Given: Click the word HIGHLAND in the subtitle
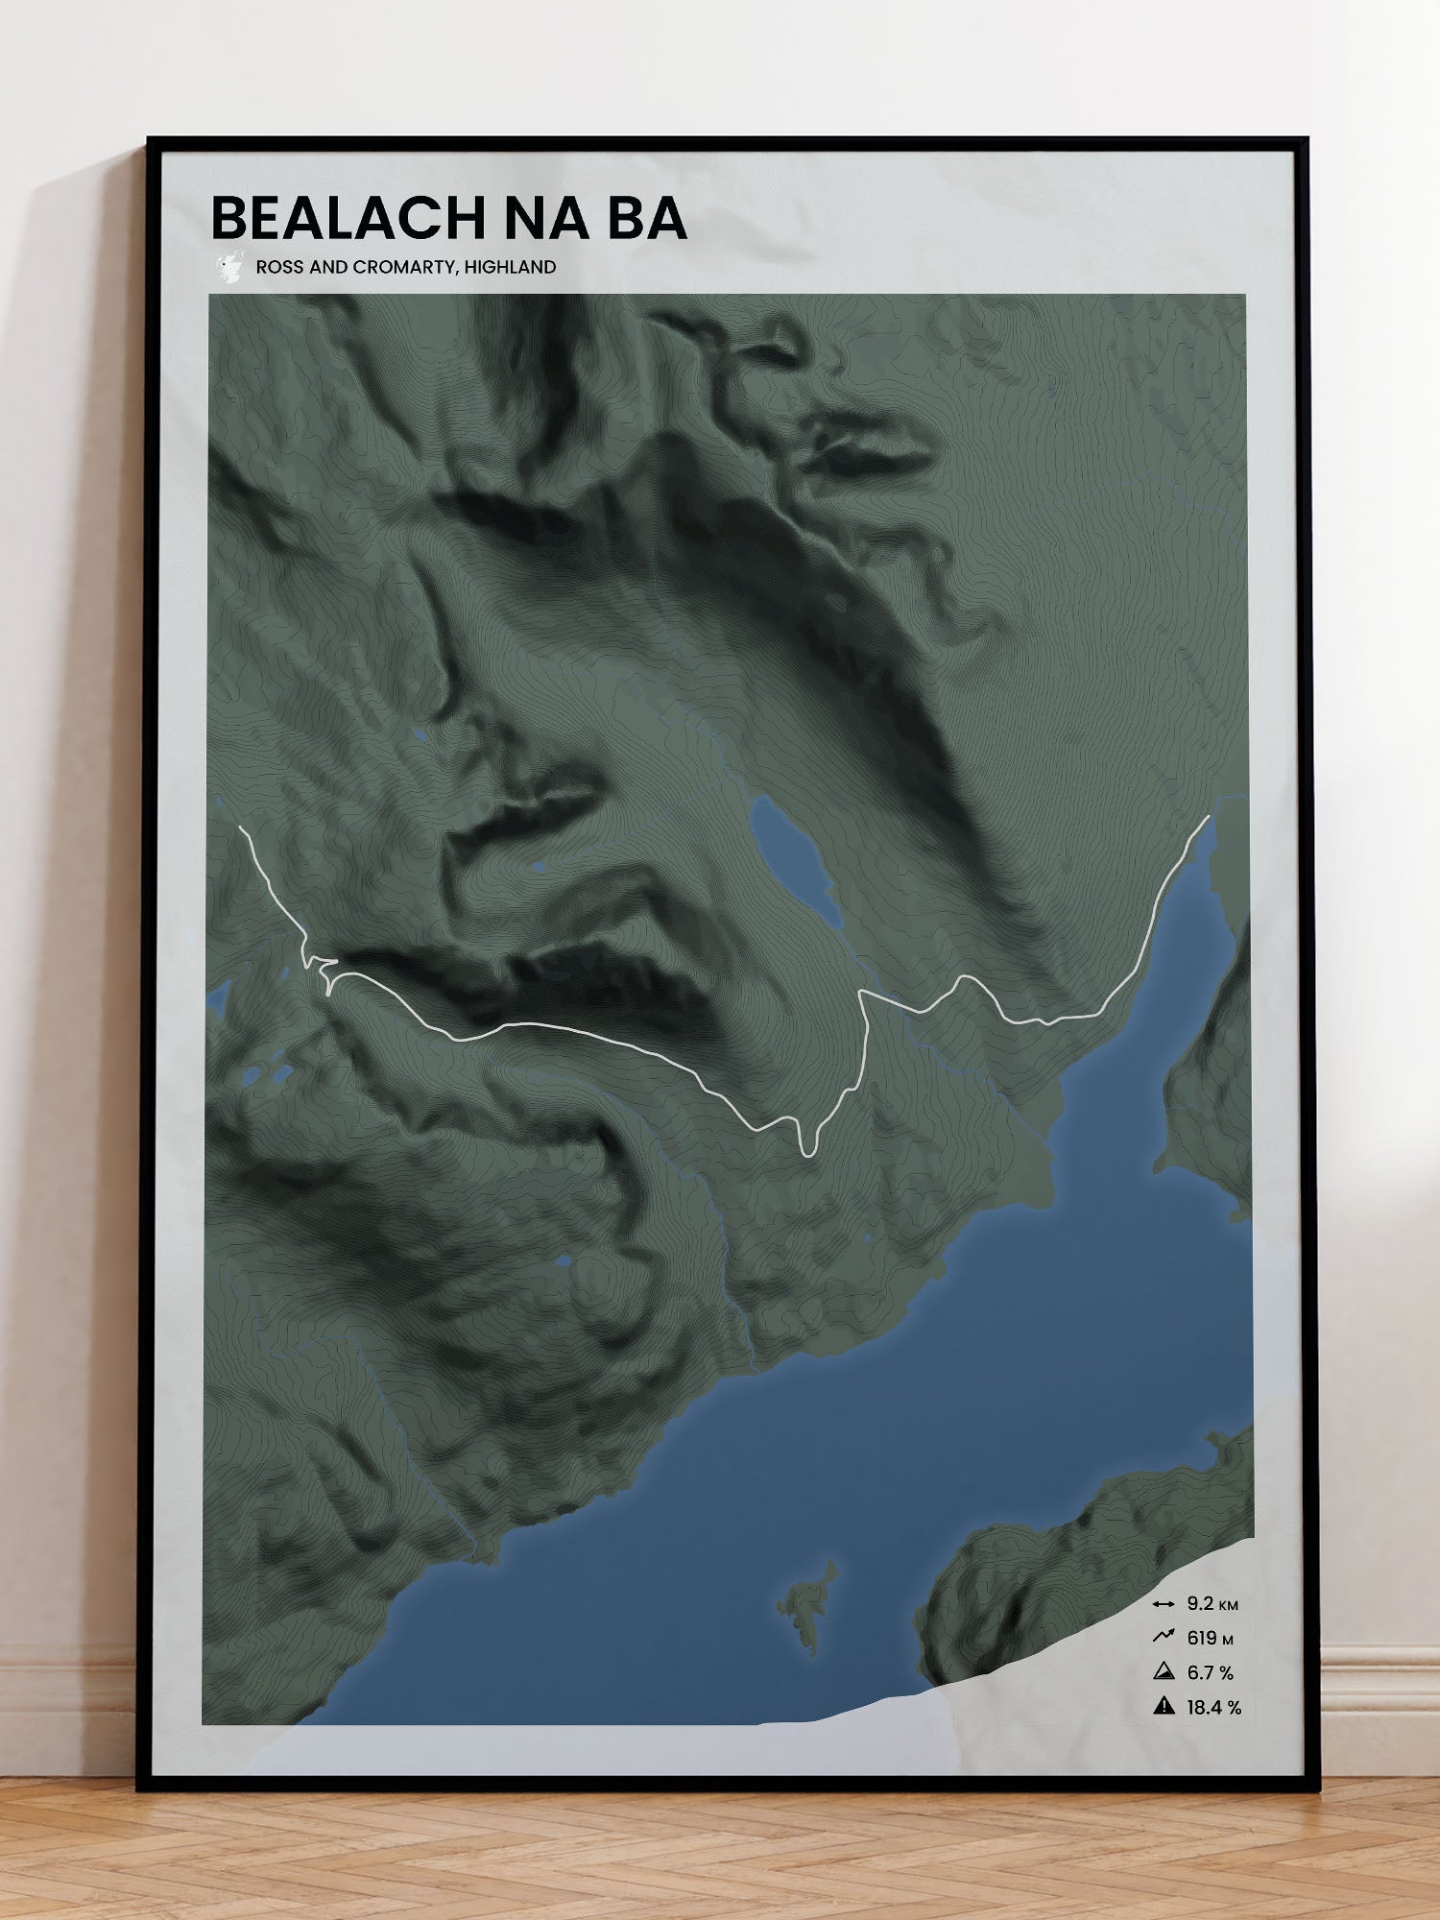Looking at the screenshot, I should tap(510, 267).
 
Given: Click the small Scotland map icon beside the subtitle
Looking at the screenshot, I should tap(228, 268).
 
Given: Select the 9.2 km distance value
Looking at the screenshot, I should tap(1212, 1604).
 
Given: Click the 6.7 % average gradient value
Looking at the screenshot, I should tap(1210, 1673).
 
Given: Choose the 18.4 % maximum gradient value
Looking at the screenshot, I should tap(1213, 1708).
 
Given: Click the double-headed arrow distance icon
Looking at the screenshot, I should tap(1164, 1604).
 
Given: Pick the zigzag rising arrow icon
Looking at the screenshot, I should tap(1164, 1638).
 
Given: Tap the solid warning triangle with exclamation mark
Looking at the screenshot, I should tap(1164, 1707).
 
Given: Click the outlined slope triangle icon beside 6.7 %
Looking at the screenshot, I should tap(1164, 1672).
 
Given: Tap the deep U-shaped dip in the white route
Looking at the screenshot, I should tap(807, 1148).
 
